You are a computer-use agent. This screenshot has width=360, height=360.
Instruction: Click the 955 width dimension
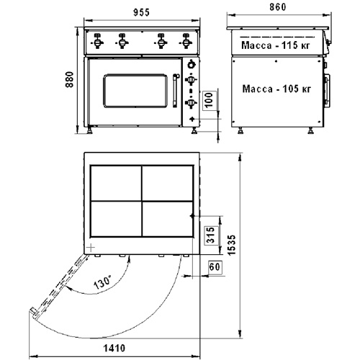pos(141,12)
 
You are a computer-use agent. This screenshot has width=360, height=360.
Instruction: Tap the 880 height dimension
pos(70,79)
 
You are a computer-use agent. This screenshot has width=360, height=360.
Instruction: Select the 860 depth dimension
pos(278,7)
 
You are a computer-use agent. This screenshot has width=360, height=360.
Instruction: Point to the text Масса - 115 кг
pos(276,45)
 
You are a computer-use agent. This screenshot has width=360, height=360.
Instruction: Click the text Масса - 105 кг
pos(276,89)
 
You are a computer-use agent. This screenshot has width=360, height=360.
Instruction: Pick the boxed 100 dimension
pos(210,100)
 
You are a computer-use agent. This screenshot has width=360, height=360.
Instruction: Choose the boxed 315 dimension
pos(210,235)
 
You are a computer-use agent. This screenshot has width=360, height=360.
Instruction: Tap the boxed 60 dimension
pos(215,266)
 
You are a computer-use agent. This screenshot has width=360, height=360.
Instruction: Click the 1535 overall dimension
pos(232,245)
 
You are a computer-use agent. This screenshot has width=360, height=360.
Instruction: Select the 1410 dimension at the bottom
pos(114,348)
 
